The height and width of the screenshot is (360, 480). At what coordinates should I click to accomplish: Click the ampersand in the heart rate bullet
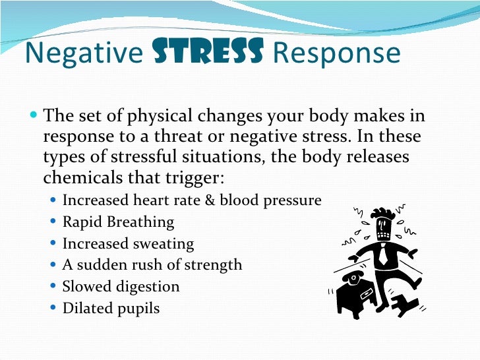(x=210, y=200)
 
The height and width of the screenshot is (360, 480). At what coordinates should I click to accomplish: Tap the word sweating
(x=163, y=244)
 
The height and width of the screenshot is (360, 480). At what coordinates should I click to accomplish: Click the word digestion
(x=145, y=287)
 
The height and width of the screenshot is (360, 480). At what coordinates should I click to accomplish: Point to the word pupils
(x=136, y=308)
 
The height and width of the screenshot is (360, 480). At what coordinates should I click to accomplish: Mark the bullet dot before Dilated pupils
(x=53, y=309)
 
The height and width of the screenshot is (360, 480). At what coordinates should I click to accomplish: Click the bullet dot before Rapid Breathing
(x=53, y=223)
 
